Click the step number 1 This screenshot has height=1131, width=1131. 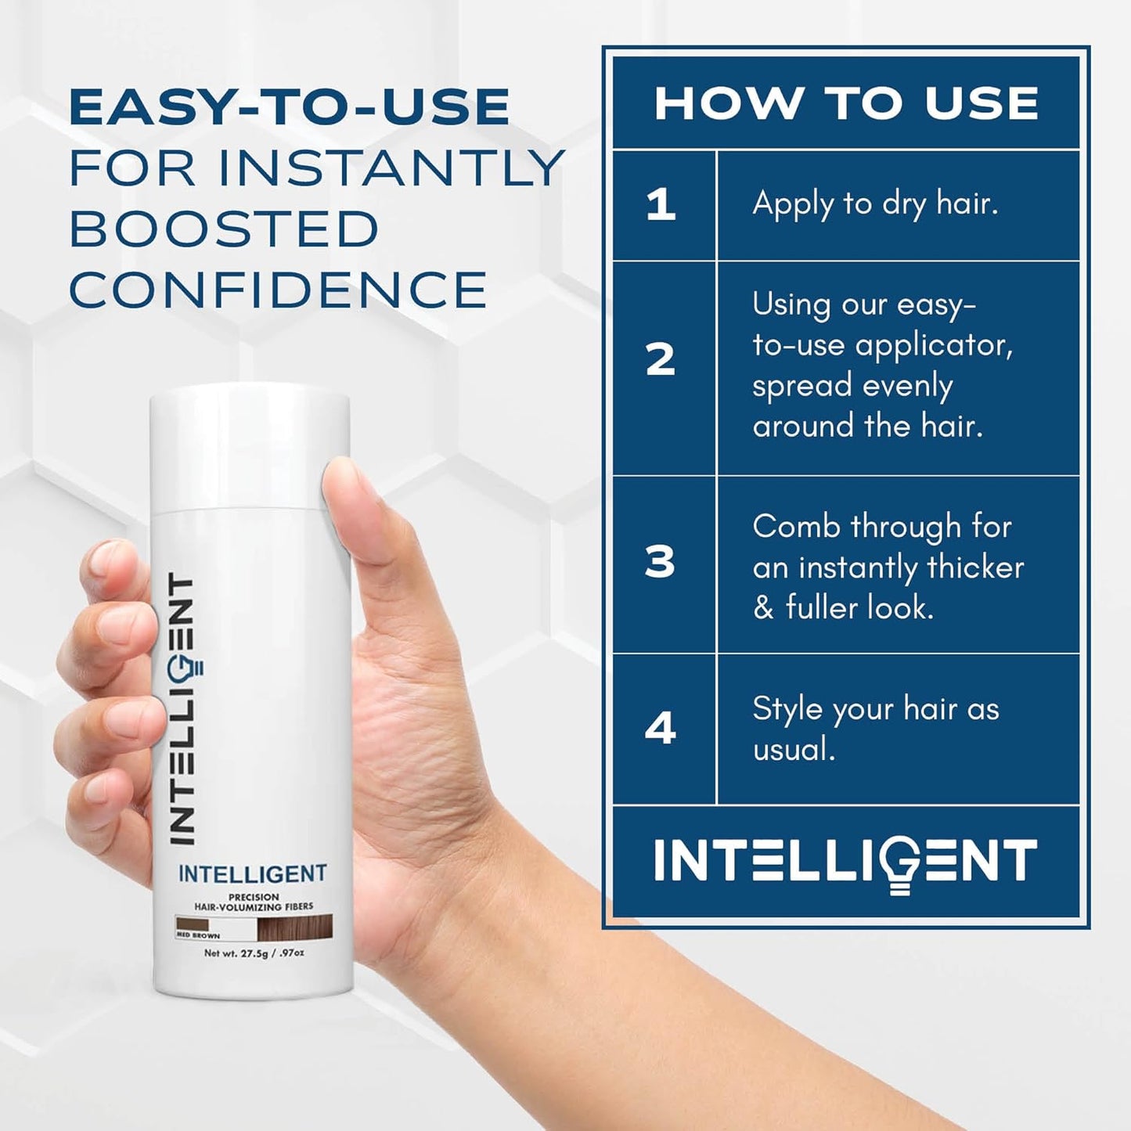click(661, 205)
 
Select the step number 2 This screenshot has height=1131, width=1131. click(661, 360)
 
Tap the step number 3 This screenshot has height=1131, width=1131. click(660, 562)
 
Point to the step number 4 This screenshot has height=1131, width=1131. click(661, 729)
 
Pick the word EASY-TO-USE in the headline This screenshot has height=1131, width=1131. click(290, 107)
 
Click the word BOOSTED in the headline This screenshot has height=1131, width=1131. click(224, 229)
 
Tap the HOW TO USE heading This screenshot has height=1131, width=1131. click(846, 103)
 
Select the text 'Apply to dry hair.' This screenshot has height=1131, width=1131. click(875, 204)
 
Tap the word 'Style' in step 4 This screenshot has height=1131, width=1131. click(787, 709)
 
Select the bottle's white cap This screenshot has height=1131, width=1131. click(250, 446)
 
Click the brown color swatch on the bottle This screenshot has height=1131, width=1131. click(295, 927)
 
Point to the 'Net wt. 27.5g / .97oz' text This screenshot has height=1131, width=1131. click(254, 953)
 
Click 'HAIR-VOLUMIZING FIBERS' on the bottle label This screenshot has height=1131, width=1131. click(254, 907)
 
